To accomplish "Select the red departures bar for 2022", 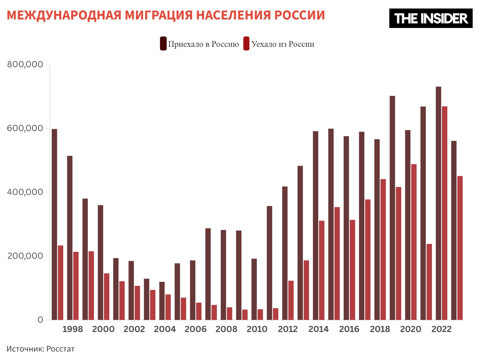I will pyautogui.click(x=444, y=213).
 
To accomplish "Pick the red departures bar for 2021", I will pyautogui.click(x=429, y=282).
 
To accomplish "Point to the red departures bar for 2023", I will pyautogui.click(x=460, y=248).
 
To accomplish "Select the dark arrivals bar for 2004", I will pyautogui.click(x=162, y=301).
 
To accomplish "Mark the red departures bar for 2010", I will pyautogui.click(x=260, y=314).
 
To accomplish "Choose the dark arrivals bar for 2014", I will pyautogui.click(x=315, y=225).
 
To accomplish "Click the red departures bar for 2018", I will pyautogui.click(x=383, y=249).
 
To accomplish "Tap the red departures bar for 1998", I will pyautogui.click(x=76, y=286).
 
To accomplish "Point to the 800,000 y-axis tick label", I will pyautogui.click(x=25, y=64).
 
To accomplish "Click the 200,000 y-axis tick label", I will pyautogui.click(x=25, y=256).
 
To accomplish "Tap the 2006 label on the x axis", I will pyautogui.click(x=196, y=329).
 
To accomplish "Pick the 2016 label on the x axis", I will pyautogui.click(x=349, y=329).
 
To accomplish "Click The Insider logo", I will pyautogui.click(x=431, y=18).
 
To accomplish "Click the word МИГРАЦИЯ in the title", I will pyautogui.click(x=159, y=15).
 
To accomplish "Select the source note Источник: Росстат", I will pyautogui.click(x=40, y=349).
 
